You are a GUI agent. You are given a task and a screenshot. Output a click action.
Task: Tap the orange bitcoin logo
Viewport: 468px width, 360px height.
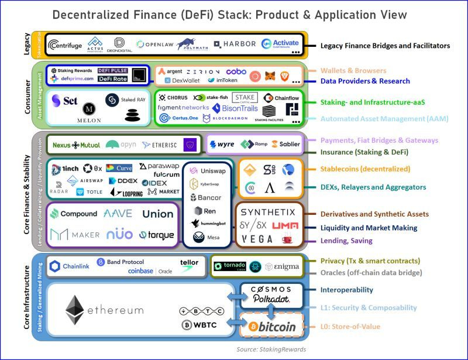click(x=271, y=327)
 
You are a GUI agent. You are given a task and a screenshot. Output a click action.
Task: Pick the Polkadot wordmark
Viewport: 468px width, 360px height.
click(x=271, y=300)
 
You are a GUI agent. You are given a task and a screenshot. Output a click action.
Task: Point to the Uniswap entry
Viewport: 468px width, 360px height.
click(x=209, y=170)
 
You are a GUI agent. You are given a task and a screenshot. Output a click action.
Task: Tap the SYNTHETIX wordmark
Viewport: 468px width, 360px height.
click(x=268, y=211)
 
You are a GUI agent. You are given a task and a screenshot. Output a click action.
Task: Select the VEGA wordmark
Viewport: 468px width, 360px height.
click(x=257, y=239)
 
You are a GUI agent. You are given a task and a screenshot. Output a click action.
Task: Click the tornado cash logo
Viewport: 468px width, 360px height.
click(x=229, y=266)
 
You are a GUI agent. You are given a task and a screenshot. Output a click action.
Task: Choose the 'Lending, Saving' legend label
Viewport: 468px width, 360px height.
click(x=346, y=241)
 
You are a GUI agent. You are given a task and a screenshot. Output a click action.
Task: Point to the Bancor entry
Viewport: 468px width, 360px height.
click(x=206, y=197)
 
